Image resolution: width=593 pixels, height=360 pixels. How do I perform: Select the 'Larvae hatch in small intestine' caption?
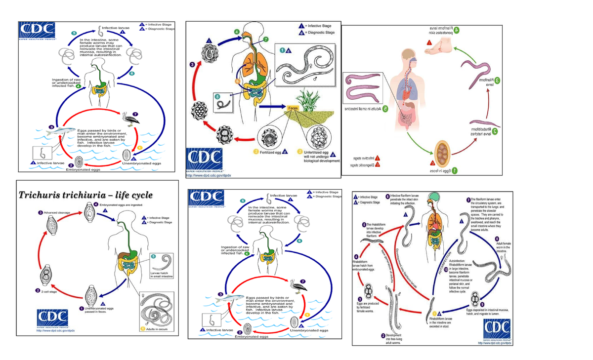pyautogui.click(x=161, y=275)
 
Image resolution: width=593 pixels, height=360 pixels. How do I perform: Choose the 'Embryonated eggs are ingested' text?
pyautogui.click(x=122, y=204)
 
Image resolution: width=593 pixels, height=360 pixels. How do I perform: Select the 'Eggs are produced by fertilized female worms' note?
pyautogui.click(x=368, y=307)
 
